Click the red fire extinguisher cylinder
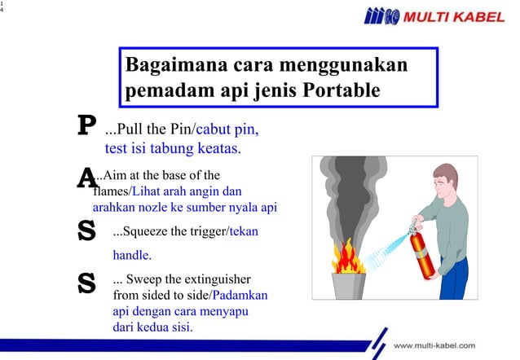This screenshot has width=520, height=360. click(423, 253)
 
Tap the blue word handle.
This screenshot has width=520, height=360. click(132, 255)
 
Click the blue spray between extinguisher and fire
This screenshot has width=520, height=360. click(384, 249)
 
